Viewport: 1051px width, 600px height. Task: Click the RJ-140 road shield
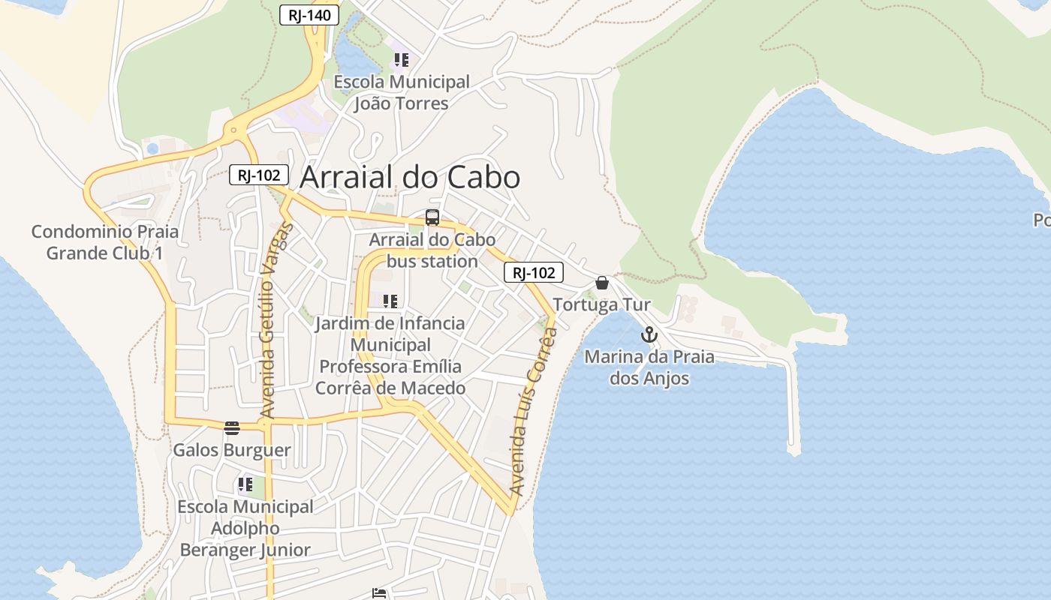[309, 15]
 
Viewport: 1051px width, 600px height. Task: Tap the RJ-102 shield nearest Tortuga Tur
[533, 273]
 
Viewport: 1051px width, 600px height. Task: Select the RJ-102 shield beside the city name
[259, 175]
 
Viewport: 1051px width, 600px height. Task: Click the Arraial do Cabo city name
[410, 178]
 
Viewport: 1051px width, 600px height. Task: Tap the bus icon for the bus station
[432, 217]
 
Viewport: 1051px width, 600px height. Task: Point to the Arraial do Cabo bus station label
[432, 250]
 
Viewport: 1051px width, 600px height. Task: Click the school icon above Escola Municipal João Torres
[401, 59]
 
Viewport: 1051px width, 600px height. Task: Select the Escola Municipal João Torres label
[401, 92]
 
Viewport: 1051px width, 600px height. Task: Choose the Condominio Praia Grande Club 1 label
[105, 242]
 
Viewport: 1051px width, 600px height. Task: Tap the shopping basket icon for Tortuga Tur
[601, 283]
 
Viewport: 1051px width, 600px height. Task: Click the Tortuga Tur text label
[601, 304]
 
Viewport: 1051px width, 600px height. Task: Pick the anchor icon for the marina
[649, 334]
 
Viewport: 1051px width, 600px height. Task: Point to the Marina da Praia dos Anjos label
[649, 367]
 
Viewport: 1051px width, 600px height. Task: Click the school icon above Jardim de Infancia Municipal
[390, 301]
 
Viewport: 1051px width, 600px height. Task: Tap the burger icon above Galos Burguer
[232, 428]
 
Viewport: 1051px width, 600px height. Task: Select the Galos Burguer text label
[232, 450]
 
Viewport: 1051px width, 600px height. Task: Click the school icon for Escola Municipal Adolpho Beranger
[245, 484]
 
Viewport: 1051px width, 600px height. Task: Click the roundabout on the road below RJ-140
[234, 130]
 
